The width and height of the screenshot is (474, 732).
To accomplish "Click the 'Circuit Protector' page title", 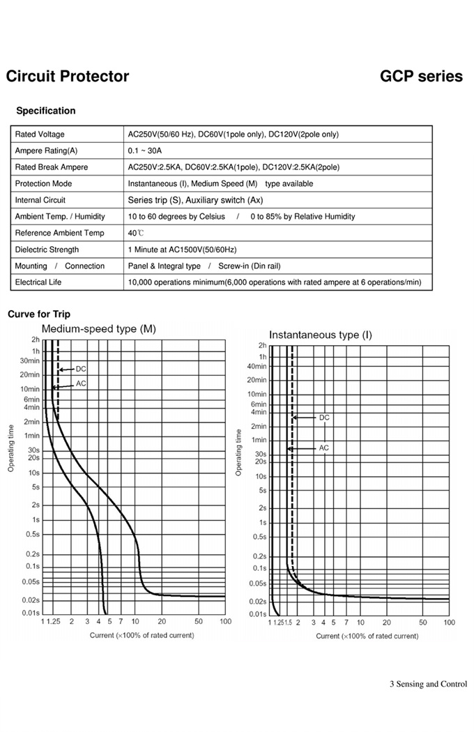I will pos(67,77).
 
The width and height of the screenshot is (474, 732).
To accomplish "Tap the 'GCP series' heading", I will pos(421,77).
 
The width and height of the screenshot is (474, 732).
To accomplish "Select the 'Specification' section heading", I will pos(45,111).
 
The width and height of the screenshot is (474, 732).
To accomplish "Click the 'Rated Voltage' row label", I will pos(40,135).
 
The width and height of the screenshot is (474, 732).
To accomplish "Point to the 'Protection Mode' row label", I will pos(43,184).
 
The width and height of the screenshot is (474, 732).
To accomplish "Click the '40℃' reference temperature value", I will pos(136,234).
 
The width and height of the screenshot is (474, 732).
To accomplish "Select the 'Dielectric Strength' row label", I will pos(47,250).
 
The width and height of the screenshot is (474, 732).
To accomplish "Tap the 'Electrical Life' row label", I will pos(38,282).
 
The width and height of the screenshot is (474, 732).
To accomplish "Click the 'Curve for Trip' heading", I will pos(39,314).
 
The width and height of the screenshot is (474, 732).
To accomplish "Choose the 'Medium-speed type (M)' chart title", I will pos(99,328).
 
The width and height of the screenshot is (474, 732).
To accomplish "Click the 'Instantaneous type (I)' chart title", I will pos(321,335).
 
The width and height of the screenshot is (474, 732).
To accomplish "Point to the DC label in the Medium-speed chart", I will pos(81,369).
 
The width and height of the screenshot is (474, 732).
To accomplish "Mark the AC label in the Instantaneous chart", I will pos(323,448).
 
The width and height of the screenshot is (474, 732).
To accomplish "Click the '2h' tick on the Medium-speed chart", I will pos(36,340).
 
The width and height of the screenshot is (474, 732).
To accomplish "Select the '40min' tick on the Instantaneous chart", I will pos(258,367).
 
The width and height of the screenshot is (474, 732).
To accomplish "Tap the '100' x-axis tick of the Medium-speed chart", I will pos(225,621).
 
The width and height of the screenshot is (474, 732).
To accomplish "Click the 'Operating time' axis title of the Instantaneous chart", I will pos(238,453).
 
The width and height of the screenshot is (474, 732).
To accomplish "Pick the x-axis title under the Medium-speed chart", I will pos(142,635).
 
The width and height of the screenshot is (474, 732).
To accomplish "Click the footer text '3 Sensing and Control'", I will pos(428,684).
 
